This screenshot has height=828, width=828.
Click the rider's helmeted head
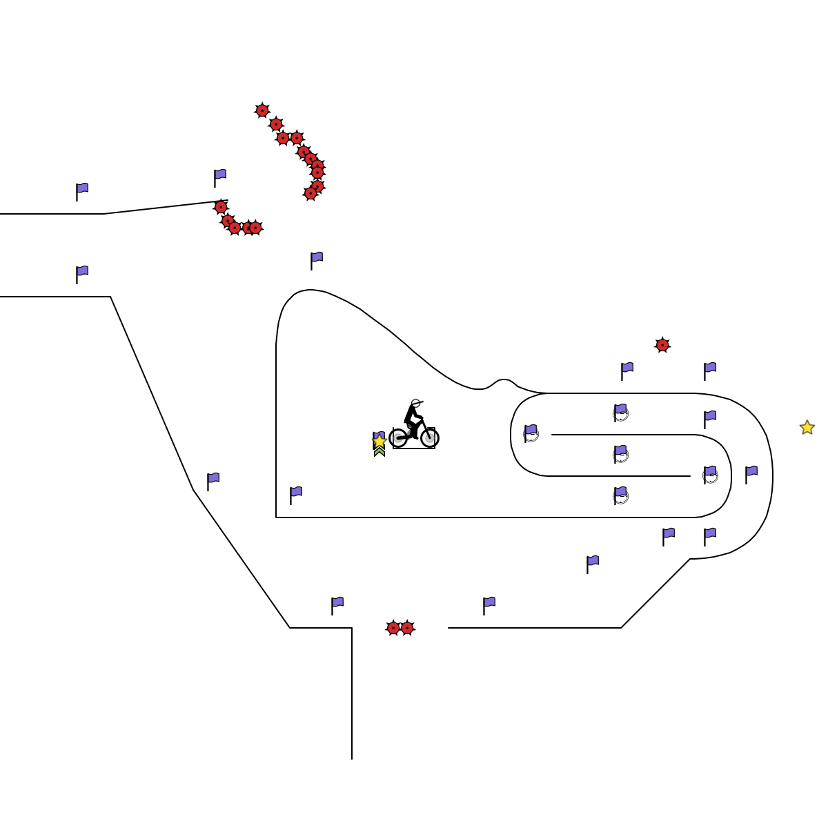point(415,404)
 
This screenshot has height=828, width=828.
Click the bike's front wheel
point(430,437)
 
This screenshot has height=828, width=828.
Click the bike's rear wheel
point(398,437)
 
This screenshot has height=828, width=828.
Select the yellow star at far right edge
point(807,428)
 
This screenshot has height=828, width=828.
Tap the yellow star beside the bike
point(379,441)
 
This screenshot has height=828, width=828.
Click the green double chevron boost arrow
point(379,452)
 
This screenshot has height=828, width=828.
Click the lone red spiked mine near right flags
point(662,345)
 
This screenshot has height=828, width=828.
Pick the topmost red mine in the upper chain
point(262,110)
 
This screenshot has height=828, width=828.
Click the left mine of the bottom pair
point(393,628)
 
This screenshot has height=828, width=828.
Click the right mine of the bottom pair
point(407,628)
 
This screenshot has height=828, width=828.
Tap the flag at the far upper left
point(81,191)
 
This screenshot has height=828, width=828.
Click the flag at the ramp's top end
point(219,177)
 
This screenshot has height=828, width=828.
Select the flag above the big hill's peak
point(316,260)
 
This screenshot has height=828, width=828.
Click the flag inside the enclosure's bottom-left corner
point(295,495)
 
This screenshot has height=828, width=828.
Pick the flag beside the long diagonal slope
point(213,481)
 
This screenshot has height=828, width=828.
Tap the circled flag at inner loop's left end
point(530,433)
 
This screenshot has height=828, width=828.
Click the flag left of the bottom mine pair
point(337,605)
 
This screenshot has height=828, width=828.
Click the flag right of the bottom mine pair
point(489,605)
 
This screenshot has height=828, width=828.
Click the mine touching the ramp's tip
point(221,207)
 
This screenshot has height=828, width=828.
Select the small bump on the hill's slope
point(504,382)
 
